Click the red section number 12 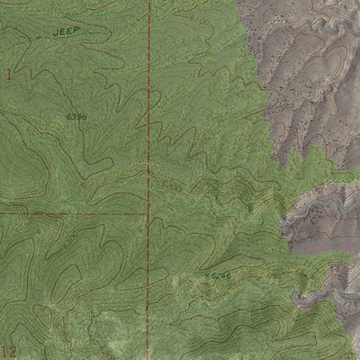click(9, 350)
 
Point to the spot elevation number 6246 click(221, 274)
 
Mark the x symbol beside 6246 click(207, 274)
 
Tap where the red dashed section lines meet click(148, 214)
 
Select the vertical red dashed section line click(148, 108)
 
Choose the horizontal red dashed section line click(72, 214)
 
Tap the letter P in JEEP click(78, 30)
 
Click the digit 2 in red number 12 click(13, 350)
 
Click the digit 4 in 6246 click(224, 274)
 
